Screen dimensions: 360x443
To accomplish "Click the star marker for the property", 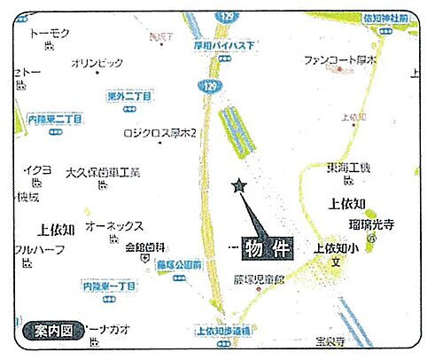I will (237, 186).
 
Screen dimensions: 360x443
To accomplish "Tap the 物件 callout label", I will (268, 247).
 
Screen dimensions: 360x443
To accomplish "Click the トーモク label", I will (50, 34).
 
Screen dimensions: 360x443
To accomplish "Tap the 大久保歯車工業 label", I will (103, 172).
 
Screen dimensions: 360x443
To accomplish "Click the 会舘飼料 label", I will (144, 247).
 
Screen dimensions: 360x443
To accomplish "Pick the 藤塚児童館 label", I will (258, 279).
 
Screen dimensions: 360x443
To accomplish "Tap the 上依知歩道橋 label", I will (221, 330).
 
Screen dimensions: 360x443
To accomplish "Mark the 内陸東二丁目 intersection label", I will (56, 118).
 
